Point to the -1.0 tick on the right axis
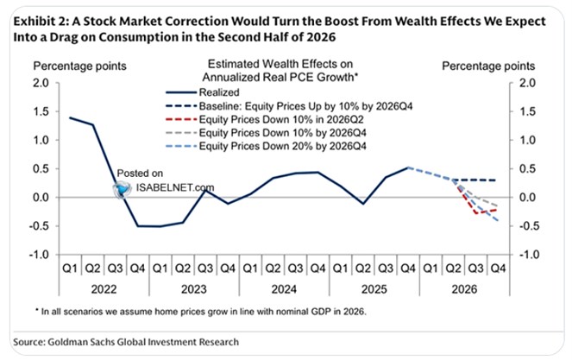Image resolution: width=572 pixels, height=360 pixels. pyautogui.click(x=527, y=255)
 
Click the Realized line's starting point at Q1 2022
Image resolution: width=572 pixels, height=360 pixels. pyautogui.click(x=70, y=117)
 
